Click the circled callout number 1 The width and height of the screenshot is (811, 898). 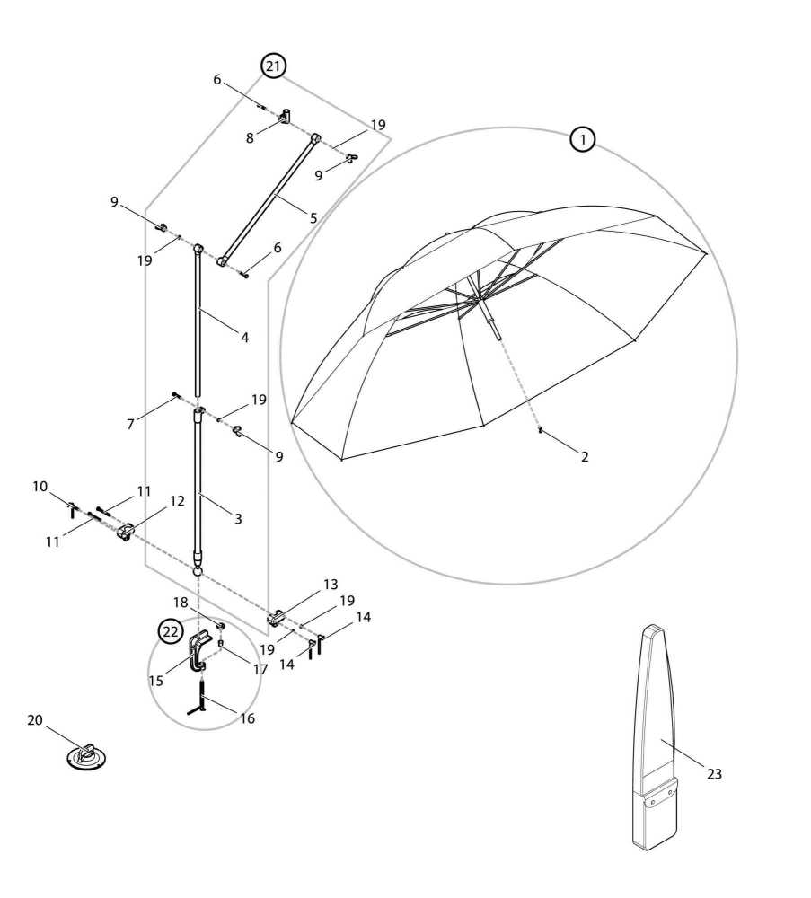(x=583, y=140)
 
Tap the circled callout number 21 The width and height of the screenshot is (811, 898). (x=273, y=66)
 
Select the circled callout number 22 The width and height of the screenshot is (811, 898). (x=171, y=631)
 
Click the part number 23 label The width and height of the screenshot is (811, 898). (x=714, y=774)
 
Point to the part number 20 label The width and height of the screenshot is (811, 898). (x=35, y=720)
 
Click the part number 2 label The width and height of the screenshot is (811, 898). (x=584, y=456)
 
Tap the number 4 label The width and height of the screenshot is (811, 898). (x=244, y=338)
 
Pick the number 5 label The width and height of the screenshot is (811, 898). (x=313, y=217)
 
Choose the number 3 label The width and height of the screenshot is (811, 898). (x=238, y=519)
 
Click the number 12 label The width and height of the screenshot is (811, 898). (x=178, y=501)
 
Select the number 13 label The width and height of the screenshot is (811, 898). (x=331, y=585)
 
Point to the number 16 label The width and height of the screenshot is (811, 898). (x=247, y=718)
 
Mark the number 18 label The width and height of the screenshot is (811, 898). (x=181, y=603)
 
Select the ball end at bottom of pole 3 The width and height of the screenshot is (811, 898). (x=198, y=571)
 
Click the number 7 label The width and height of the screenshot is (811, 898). (x=130, y=425)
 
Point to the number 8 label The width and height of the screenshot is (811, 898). (x=250, y=138)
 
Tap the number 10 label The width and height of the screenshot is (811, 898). (x=40, y=487)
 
